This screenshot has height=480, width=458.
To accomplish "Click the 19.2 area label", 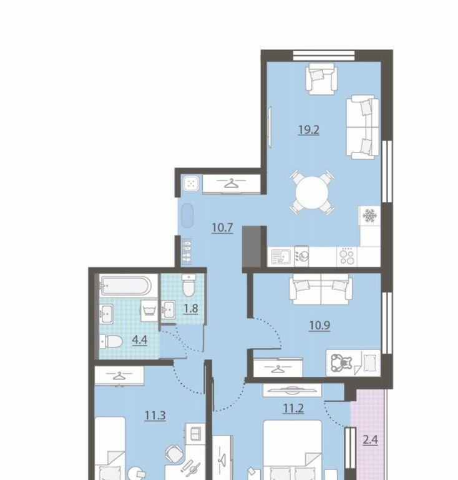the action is (309, 130).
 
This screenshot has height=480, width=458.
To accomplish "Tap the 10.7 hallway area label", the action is (222, 227).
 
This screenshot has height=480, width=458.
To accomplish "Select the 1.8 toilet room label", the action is (191, 309).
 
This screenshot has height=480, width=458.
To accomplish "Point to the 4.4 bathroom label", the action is (140, 340).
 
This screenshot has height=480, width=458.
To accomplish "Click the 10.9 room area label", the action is (319, 325).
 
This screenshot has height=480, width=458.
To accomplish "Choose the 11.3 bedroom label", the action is (155, 416).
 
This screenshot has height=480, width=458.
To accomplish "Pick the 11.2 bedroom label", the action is (293, 408).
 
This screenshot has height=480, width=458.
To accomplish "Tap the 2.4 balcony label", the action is (370, 440).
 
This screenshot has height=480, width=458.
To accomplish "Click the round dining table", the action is (312, 192).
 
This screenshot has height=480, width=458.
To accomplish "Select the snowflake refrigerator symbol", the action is (369, 216).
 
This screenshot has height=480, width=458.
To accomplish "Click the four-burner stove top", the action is (347, 256).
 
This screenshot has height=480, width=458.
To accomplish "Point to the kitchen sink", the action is (281, 256).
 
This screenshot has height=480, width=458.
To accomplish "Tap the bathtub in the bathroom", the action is (125, 285).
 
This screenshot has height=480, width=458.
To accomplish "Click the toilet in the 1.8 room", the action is (188, 285).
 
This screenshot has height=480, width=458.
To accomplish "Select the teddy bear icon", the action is (341, 363).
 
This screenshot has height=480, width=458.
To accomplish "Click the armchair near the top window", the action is (321, 79).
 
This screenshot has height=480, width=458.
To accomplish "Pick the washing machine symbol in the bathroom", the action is (149, 310).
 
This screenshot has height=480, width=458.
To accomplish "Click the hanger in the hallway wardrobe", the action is (231, 184).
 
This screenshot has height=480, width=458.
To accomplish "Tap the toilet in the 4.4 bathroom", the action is (111, 341).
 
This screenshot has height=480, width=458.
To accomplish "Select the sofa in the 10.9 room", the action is (321, 289).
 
